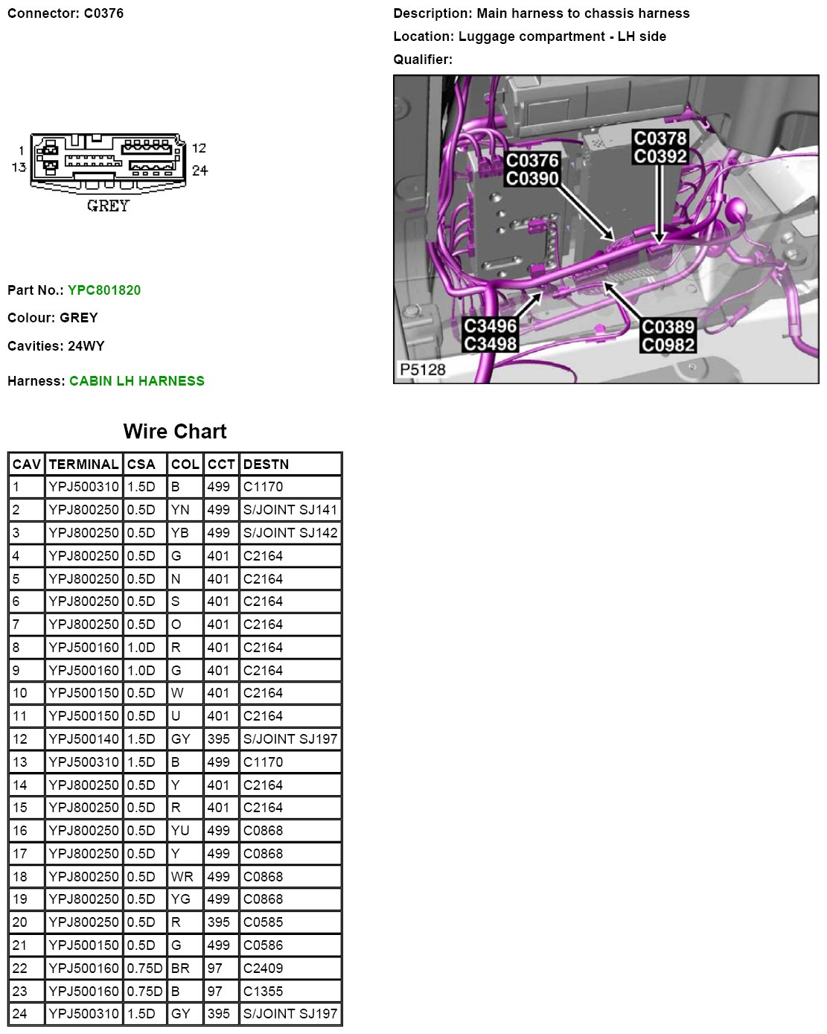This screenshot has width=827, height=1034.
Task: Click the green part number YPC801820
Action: click(104, 290)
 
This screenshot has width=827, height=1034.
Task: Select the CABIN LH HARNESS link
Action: click(137, 381)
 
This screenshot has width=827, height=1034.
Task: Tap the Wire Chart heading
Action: click(175, 432)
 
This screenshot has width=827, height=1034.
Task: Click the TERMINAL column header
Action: click(83, 465)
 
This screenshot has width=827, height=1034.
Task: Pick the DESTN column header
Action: click(266, 465)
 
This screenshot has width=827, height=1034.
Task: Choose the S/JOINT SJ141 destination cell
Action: click(290, 510)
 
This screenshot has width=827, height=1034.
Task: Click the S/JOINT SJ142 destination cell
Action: click(290, 533)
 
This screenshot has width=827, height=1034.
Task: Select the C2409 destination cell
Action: click(264, 968)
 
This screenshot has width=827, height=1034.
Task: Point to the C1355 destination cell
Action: click(264, 992)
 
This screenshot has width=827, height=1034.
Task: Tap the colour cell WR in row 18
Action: click(182, 877)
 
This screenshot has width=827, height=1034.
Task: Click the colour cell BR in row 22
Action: click(180, 968)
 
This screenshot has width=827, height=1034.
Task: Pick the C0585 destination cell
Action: click(264, 922)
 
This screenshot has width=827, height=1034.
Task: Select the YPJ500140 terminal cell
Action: click(83, 739)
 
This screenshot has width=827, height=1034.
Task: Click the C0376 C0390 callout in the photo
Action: click(532, 169)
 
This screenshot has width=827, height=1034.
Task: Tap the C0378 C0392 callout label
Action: click(660, 147)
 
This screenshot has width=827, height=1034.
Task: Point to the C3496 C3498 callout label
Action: click(490, 335)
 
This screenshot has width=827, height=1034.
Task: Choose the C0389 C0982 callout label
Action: click(668, 336)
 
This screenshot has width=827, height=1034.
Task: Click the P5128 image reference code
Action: click(423, 370)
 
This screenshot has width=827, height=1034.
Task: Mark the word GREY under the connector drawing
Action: click(108, 206)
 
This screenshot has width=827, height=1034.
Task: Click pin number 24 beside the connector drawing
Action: click(199, 170)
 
